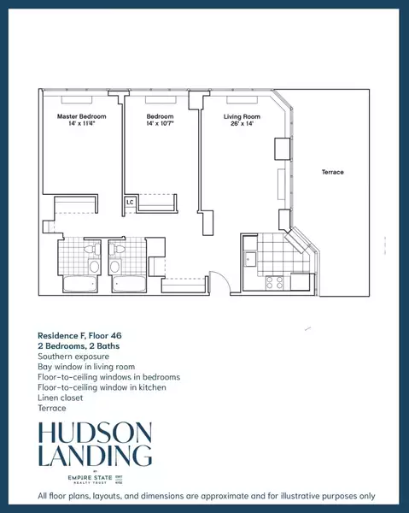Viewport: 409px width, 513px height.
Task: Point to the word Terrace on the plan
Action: [x=332, y=173]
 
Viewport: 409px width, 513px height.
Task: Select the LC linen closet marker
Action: [x=130, y=203]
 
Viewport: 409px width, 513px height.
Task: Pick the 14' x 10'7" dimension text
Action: [x=160, y=125]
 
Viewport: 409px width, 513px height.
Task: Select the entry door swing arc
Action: [x=219, y=283]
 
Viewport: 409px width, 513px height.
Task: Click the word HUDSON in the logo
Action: [x=94, y=432]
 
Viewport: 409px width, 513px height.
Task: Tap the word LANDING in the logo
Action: [x=94, y=455]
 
